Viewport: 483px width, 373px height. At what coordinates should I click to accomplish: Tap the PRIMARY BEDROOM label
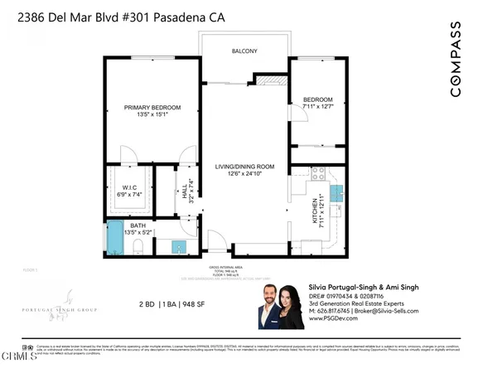tap(152, 108)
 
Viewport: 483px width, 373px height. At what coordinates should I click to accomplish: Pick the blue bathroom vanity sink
tap(178, 246)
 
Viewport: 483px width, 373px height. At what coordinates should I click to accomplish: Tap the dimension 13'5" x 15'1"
tap(152, 116)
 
